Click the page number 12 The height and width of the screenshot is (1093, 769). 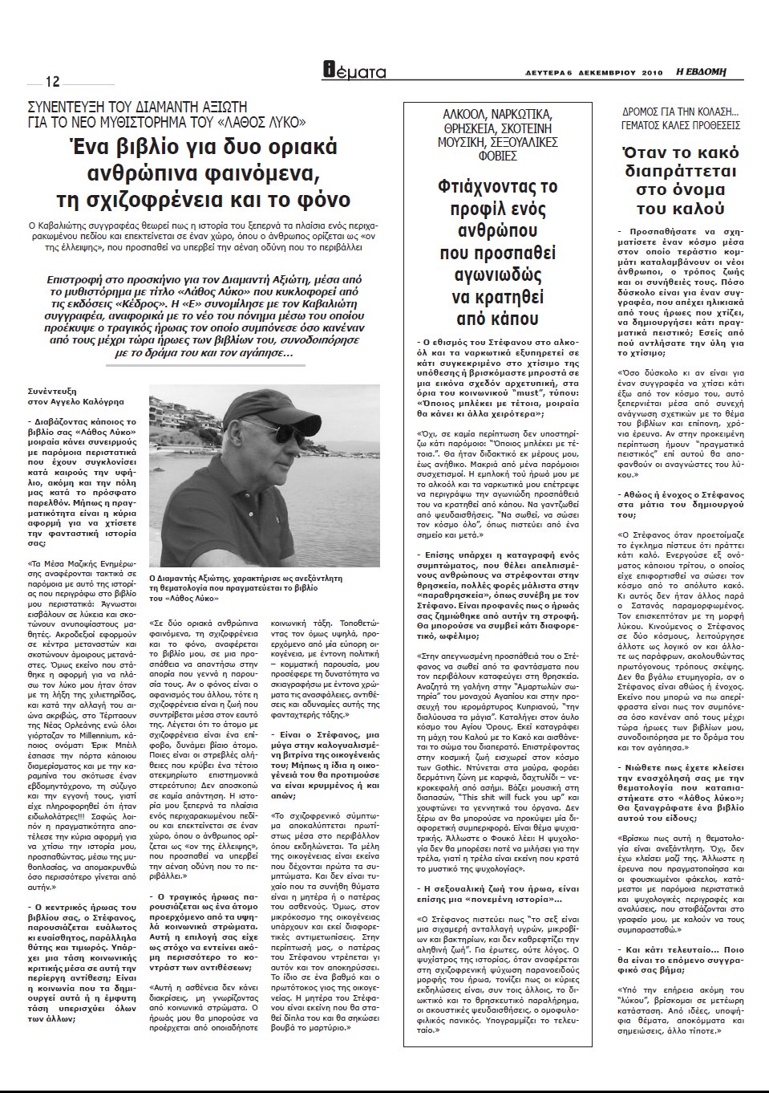click(53, 82)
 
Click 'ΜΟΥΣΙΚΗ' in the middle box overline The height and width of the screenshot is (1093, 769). click(466, 140)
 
